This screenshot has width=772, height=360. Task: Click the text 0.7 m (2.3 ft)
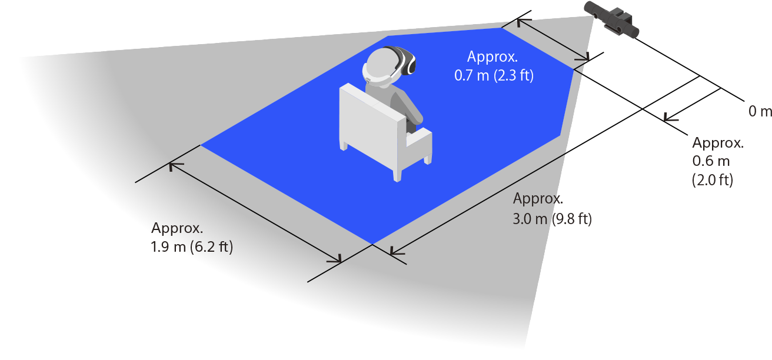(x=494, y=75)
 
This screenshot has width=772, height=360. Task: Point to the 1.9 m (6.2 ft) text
(x=192, y=247)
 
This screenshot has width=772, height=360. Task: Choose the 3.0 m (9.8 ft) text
(x=552, y=219)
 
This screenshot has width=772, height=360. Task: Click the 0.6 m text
(x=711, y=161)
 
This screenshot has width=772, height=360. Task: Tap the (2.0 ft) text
(x=713, y=180)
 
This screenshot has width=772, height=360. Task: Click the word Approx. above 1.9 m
(x=177, y=228)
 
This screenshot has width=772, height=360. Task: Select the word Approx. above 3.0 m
(x=538, y=198)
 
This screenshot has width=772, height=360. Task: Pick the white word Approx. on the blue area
(x=493, y=56)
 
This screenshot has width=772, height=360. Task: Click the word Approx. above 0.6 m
(x=718, y=142)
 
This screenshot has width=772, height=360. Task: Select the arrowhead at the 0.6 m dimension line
(x=670, y=117)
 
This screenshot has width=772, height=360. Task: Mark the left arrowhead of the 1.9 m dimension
(x=175, y=166)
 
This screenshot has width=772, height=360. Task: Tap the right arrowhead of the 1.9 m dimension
(x=335, y=259)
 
